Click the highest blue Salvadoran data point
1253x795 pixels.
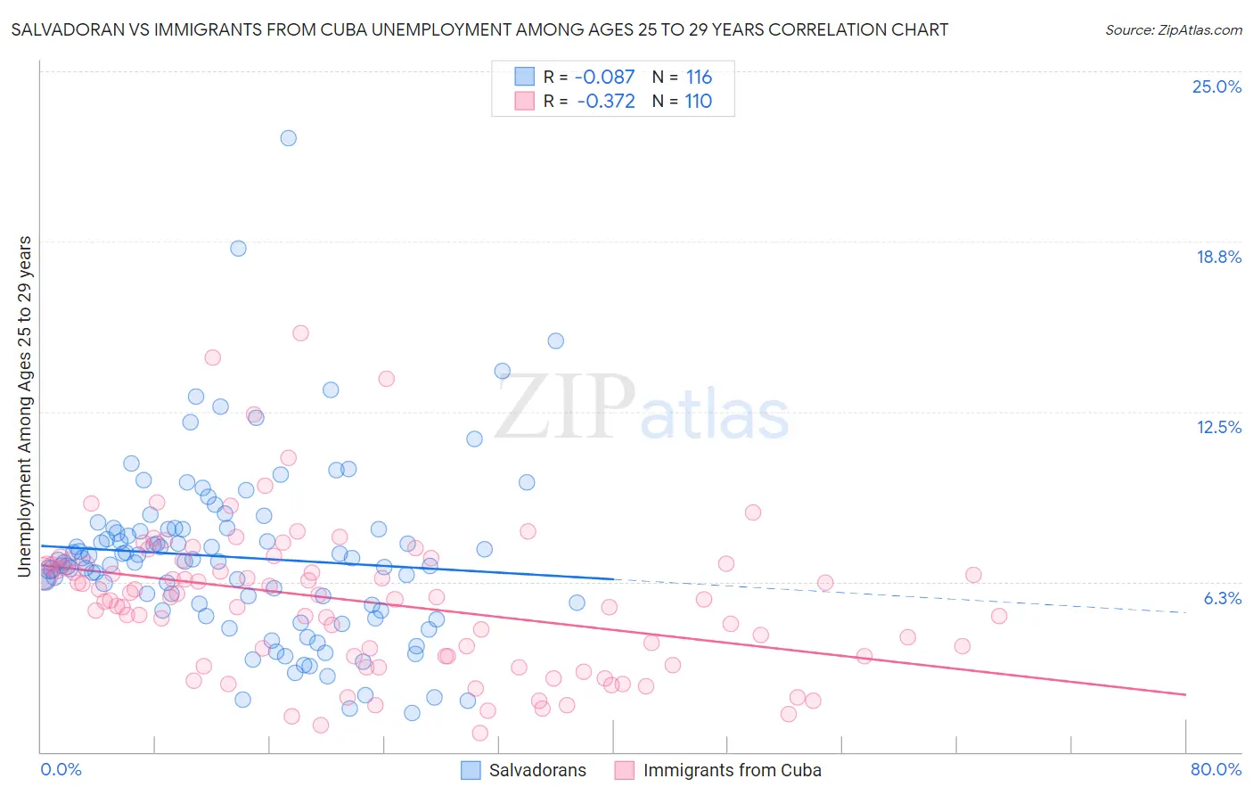[288, 138]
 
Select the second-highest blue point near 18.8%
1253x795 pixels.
[238, 249]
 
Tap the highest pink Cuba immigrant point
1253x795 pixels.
[300, 333]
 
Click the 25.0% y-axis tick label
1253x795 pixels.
[1216, 86]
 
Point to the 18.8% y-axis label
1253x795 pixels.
[1218, 257]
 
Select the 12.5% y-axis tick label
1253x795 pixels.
[1218, 427]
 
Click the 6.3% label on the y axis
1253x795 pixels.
[1222, 598]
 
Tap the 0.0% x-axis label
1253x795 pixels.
[61, 769]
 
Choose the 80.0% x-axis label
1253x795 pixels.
[1216, 769]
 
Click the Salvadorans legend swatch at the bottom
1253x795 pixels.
[471, 770]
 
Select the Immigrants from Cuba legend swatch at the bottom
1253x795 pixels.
[624, 770]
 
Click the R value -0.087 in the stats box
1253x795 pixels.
[604, 78]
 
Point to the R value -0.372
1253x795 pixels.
[606, 102]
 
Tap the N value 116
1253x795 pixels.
[699, 78]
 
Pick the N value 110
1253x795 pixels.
[698, 102]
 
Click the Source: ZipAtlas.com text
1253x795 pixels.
[1173, 30]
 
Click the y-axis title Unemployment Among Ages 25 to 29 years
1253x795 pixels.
[25, 406]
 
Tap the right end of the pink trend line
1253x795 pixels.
[1185, 694]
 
